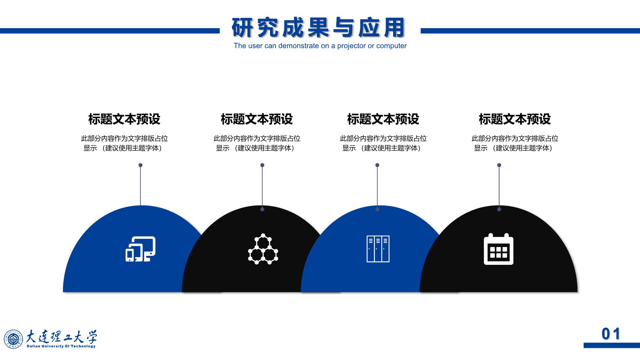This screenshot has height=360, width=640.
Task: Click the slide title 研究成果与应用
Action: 319,28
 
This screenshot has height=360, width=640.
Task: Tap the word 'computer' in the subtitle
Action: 391,46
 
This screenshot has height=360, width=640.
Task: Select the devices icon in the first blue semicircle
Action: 140,249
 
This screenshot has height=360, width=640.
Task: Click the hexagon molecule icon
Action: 263,249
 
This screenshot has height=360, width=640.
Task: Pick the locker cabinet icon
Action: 378,249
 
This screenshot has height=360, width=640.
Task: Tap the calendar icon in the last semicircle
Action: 499,249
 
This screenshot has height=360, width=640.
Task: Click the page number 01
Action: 611,334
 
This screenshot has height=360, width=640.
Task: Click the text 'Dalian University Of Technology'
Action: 61,346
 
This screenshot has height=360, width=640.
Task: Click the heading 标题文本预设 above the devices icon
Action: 124,119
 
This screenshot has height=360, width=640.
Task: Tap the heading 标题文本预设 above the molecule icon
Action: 257,119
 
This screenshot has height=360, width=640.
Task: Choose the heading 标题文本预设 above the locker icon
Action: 383,119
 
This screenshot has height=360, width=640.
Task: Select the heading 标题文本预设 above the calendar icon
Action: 514,119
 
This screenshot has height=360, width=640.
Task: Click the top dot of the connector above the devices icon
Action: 140,165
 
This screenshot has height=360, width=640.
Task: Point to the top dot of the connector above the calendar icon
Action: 499,165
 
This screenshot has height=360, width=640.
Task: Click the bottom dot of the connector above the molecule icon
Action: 262,209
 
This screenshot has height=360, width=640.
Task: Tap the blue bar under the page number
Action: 611,346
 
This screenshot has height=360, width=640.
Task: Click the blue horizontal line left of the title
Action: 110,31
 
